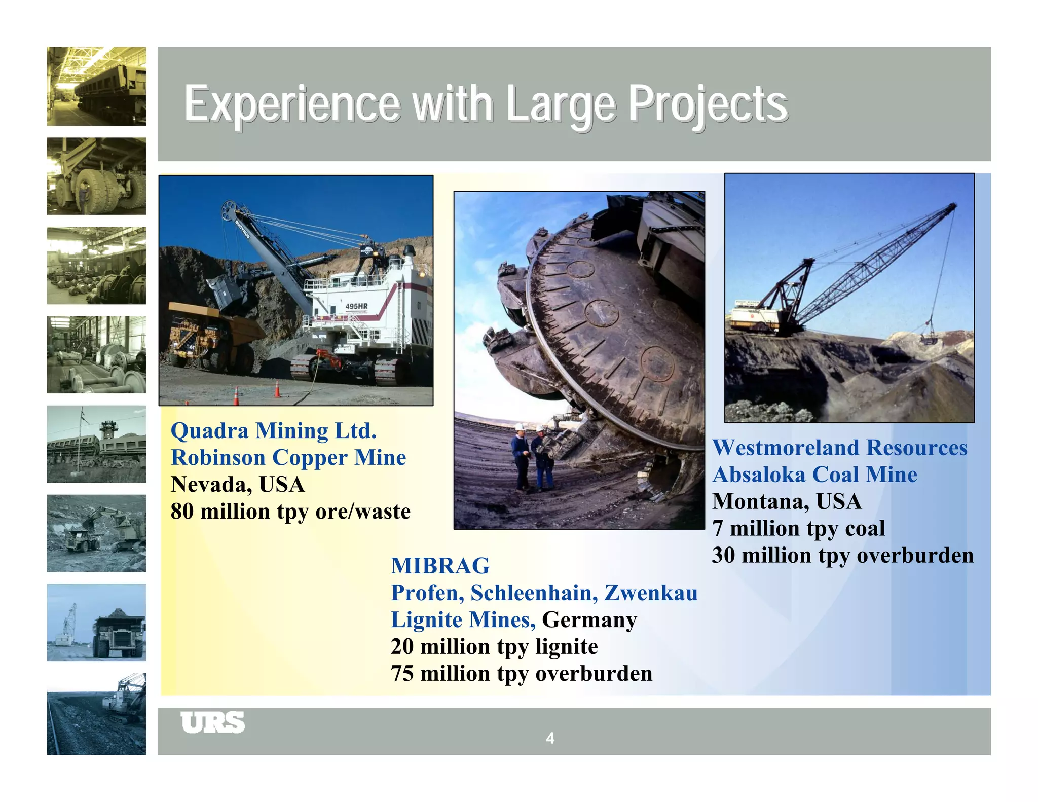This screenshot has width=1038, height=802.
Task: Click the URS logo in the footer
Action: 212,722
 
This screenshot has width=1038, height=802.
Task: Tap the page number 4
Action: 550,738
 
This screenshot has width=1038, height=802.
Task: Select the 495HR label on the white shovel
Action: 356,306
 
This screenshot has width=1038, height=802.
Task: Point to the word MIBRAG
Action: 440,566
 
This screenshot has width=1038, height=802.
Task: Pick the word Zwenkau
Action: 651,593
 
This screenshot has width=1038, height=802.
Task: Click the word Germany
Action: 589,620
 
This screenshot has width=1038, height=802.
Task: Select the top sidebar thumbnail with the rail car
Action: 96,86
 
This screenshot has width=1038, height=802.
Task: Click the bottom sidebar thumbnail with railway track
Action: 96,714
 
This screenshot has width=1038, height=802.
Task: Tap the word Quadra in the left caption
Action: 209,431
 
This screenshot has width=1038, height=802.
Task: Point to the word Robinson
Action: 218,458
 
